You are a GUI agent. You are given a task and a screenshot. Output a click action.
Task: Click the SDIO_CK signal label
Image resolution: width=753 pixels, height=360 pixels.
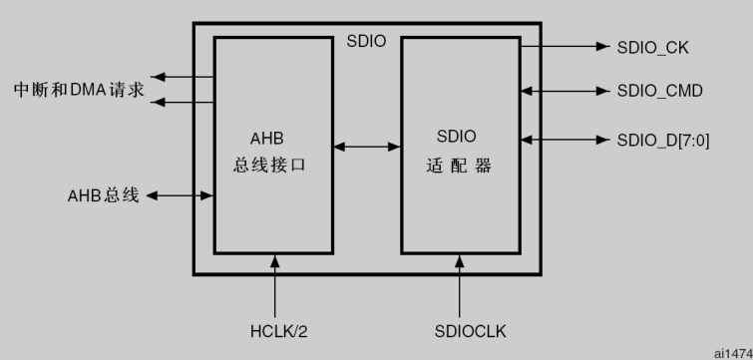point(653,47)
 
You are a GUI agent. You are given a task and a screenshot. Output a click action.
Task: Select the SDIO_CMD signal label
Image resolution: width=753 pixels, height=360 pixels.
point(659,91)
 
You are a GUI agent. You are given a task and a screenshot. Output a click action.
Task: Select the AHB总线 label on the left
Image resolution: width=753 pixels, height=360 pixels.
point(97,195)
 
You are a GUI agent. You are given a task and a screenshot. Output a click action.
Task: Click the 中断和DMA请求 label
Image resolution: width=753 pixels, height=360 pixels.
point(79,90)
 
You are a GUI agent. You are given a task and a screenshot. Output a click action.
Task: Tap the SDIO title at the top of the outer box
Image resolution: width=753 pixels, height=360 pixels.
point(366,43)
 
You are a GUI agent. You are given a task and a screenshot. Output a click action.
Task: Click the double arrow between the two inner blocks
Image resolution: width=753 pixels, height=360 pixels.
point(366,148)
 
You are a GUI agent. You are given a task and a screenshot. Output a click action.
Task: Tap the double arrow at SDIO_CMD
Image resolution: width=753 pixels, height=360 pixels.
point(565,91)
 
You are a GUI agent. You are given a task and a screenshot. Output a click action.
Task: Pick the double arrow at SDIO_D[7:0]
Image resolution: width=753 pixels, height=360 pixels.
point(565,139)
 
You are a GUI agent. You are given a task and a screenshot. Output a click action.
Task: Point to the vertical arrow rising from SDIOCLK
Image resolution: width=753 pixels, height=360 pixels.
point(460,284)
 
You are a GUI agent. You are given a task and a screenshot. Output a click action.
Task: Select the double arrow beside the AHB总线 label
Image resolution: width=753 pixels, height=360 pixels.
point(180,195)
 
